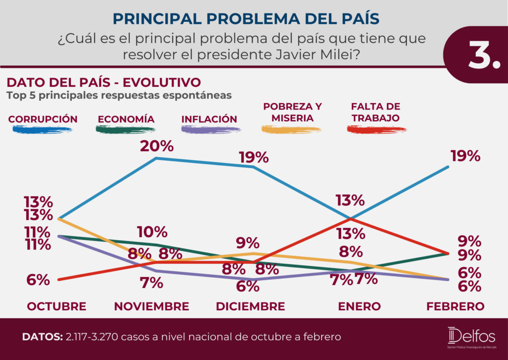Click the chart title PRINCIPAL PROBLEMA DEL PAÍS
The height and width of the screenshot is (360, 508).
tap(246, 19)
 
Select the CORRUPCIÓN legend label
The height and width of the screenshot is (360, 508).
tap(43, 119)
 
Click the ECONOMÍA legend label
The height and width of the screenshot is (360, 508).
tap(126, 119)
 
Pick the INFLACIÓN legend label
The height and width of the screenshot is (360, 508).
tap(209, 119)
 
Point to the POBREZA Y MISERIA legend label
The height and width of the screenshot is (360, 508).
tap(292, 113)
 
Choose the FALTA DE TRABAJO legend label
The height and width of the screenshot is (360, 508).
tap(376, 113)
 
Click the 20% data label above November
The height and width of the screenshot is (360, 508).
tap(157, 146)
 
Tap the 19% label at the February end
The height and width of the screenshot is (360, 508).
tap(465, 156)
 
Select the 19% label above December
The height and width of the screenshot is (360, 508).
tap(254, 158)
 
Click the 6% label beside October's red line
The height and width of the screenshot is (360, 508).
tap(38, 280)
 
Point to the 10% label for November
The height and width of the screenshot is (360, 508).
tap(152, 232)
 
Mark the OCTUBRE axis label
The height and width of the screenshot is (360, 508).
tap(57, 306)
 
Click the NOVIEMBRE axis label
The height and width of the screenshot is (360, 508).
tap(152, 306)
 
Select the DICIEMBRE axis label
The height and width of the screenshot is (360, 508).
tap(251, 306)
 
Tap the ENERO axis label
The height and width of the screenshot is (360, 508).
tap(359, 306)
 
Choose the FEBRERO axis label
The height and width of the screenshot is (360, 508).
tap(455, 306)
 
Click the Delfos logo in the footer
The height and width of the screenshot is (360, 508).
tap(472, 337)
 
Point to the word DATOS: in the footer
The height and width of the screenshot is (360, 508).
tap(43, 337)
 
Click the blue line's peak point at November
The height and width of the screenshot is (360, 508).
tap(156, 158)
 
